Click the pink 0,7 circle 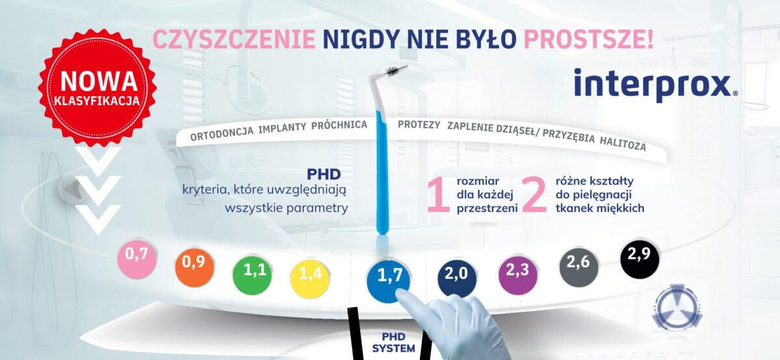(x=137, y=259)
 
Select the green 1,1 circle (x=252, y=276)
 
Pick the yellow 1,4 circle (x=309, y=279)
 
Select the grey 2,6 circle (x=578, y=267)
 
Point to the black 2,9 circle (x=640, y=259)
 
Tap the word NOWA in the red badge (x=99, y=81)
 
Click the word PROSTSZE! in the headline (x=588, y=40)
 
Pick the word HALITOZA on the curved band (x=623, y=144)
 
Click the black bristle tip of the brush (x=395, y=71)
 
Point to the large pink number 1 (x=439, y=195)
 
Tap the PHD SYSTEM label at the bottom (x=393, y=342)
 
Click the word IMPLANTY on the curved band (x=282, y=127)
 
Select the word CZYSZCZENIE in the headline (x=235, y=40)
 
